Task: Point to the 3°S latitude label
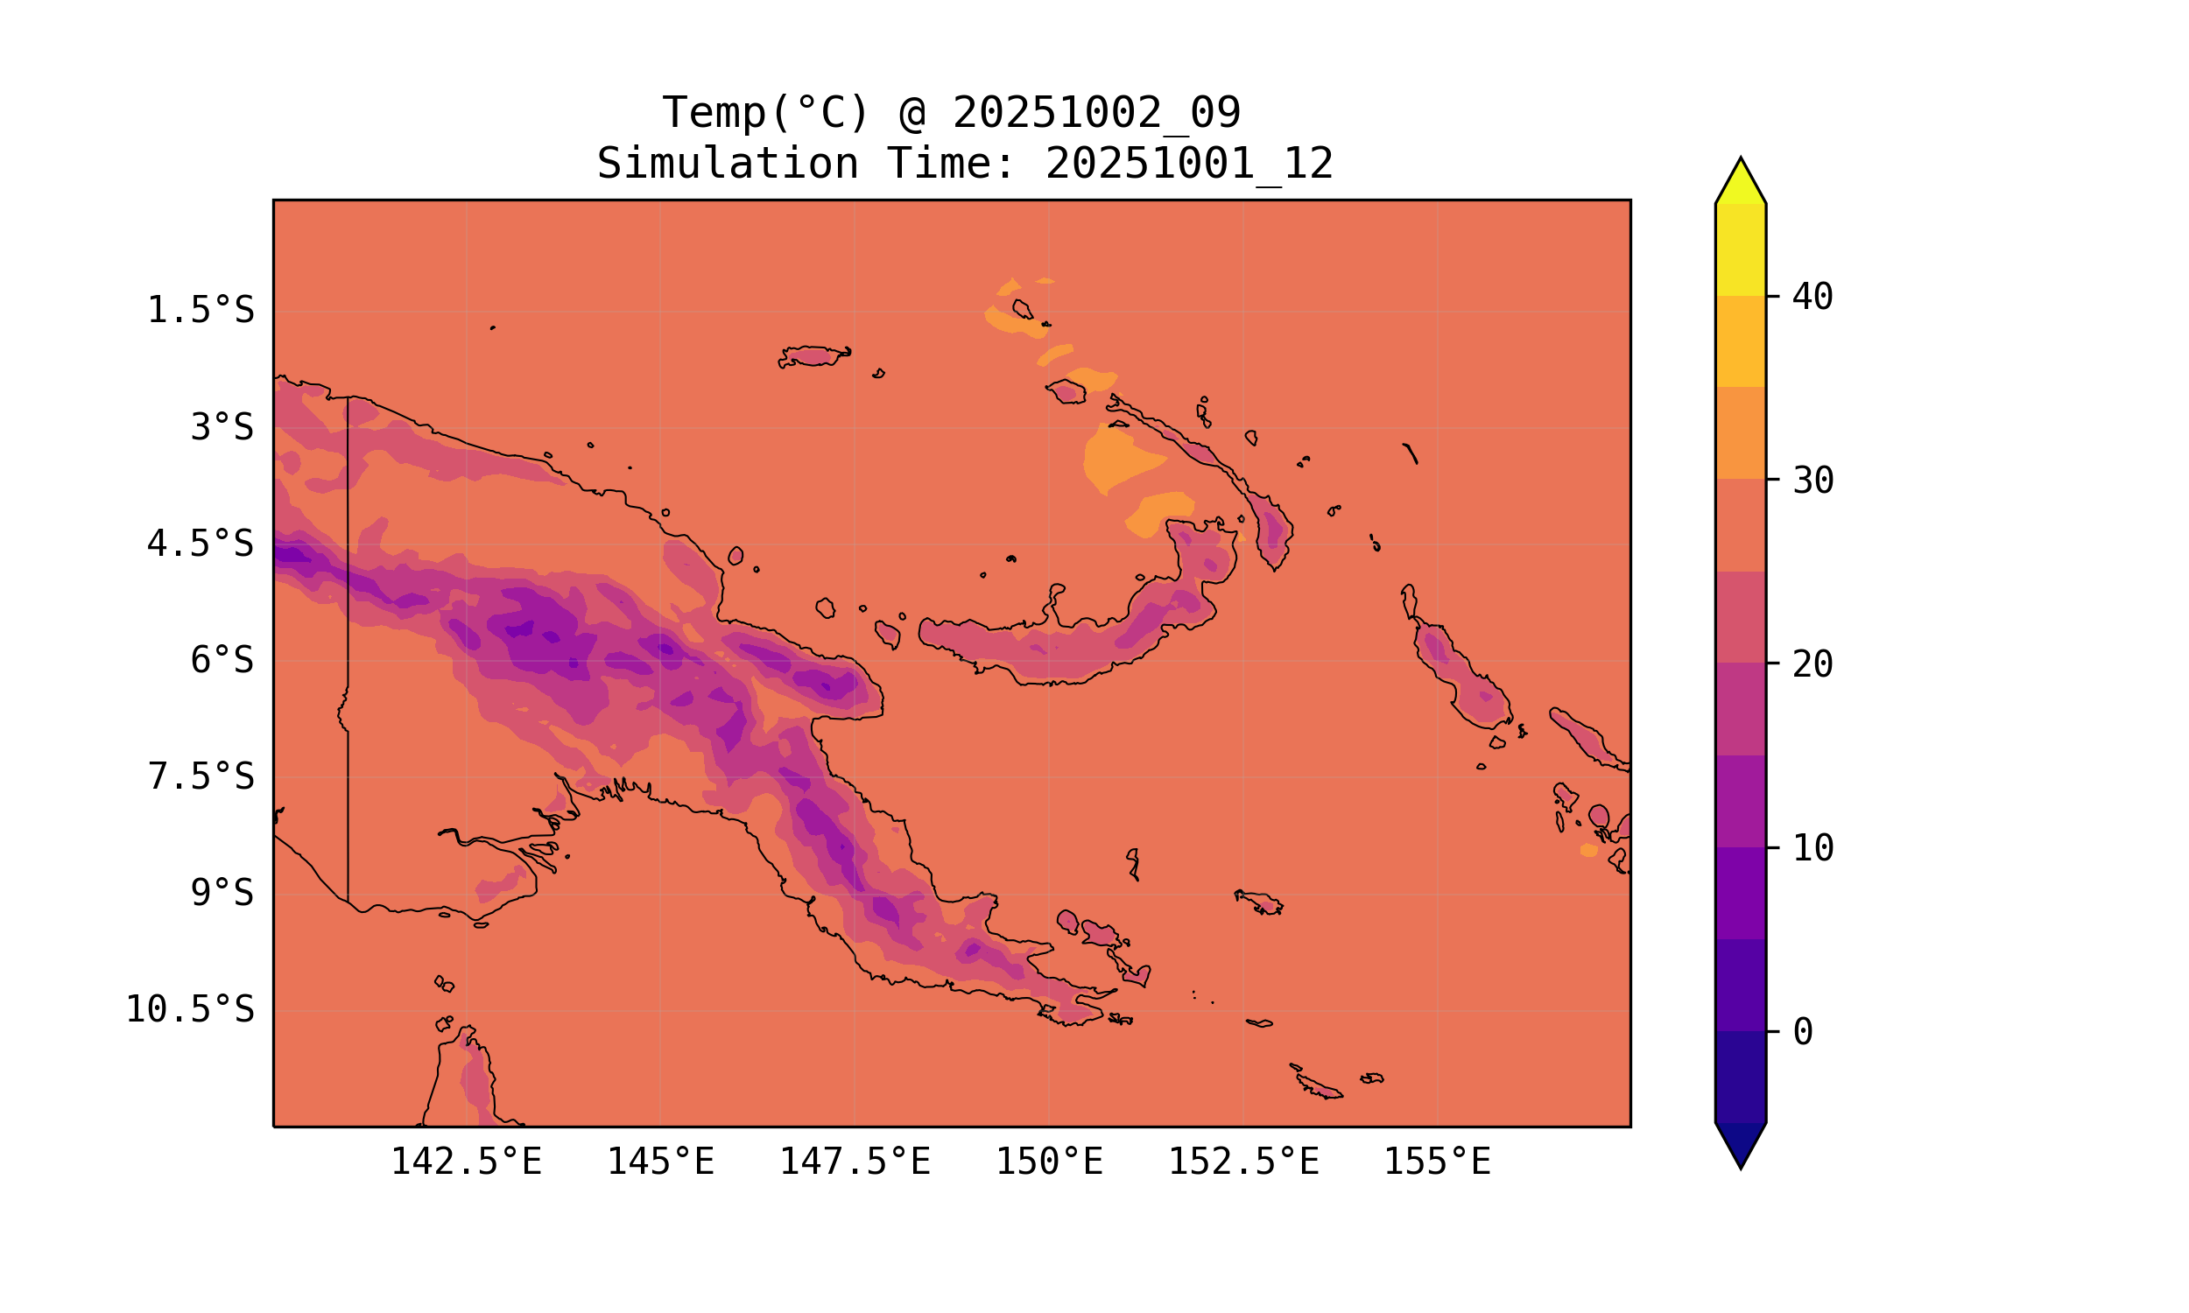click(x=222, y=427)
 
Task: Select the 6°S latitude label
click(x=222, y=660)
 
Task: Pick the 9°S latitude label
click(x=222, y=893)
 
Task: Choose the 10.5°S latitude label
click(x=189, y=1009)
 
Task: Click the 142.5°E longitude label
click(x=467, y=1162)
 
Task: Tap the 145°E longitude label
click(x=660, y=1162)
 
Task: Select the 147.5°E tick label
click(x=855, y=1162)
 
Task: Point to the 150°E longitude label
click(x=1049, y=1162)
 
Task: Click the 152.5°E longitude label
click(x=1243, y=1162)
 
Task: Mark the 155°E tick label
click(x=1437, y=1162)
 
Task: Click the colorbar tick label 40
click(x=1812, y=298)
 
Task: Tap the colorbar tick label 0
click(x=1802, y=1033)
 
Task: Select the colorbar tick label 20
click(x=1812, y=664)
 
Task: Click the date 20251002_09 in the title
click(x=1096, y=113)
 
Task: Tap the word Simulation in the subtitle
click(x=728, y=165)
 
